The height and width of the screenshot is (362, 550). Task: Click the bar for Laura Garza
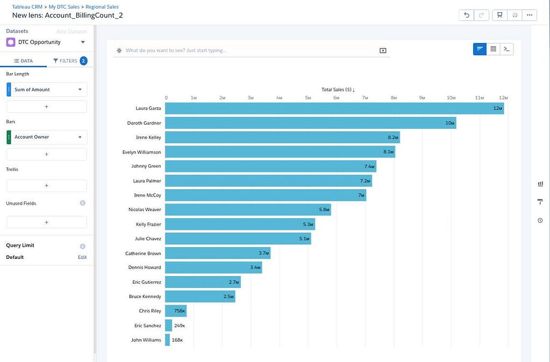(x=334, y=108)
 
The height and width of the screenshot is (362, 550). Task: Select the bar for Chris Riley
(x=176, y=311)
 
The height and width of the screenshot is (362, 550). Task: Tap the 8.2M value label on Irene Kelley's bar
(x=393, y=137)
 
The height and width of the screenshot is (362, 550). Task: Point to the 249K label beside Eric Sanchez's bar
(x=179, y=325)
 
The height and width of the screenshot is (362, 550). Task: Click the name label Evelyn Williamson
(x=142, y=152)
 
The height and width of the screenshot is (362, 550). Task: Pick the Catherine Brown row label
(x=143, y=254)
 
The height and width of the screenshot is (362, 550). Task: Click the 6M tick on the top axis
(x=336, y=98)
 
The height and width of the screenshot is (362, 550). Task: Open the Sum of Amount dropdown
(x=47, y=90)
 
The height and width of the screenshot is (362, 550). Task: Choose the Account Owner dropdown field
(x=47, y=137)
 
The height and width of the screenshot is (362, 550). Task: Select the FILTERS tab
(x=70, y=61)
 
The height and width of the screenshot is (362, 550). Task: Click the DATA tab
(x=23, y=61)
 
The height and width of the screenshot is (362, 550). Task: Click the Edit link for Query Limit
(x=82, y=257)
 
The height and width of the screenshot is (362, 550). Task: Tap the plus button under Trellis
(x=47, y=185)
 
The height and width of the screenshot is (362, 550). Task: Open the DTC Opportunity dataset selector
(x=46, y=42)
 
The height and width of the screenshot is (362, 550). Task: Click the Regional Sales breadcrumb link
(x=102, y=6)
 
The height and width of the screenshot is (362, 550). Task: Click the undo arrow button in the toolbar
(x=467, y=15)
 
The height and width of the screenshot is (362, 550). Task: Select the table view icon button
(x=493, y=49)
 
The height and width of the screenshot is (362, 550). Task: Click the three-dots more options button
(x=530, y=15)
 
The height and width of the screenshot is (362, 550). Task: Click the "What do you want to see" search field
(x=251, y=50)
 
